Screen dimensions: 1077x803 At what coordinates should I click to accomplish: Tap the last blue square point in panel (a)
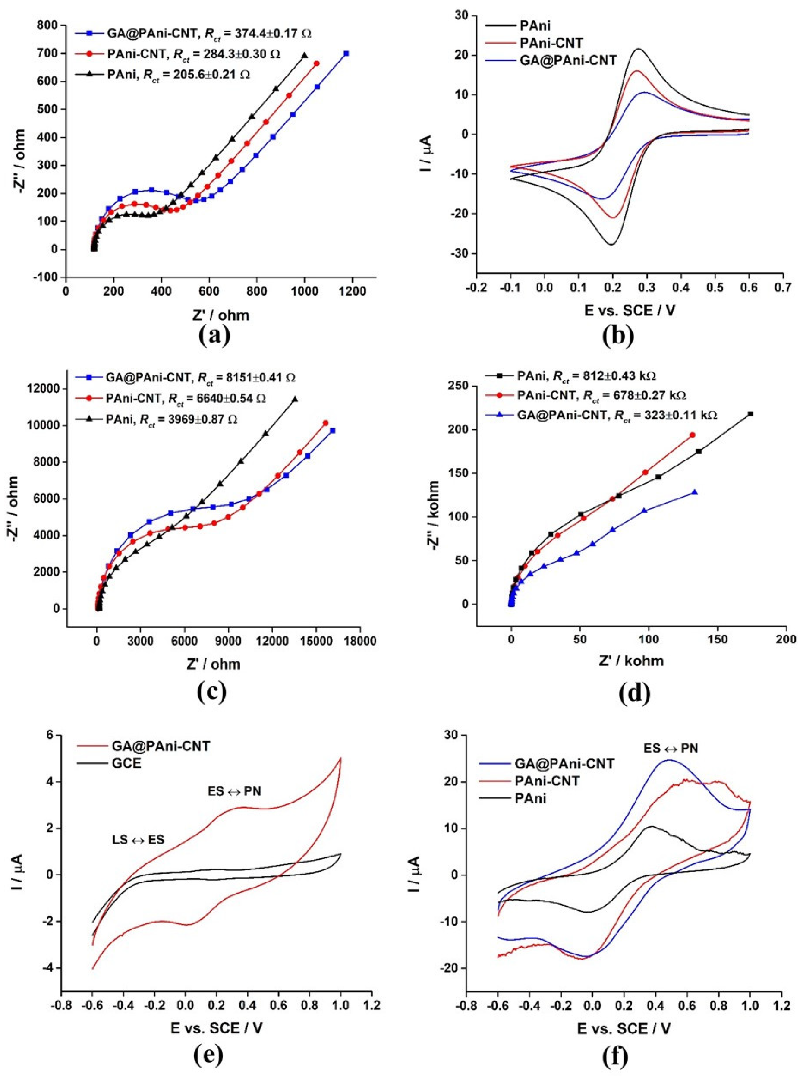pyautogui.click(x=346, y=54)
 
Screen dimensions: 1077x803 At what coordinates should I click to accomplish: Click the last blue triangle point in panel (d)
pyautogui.click(x=695, y=492)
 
